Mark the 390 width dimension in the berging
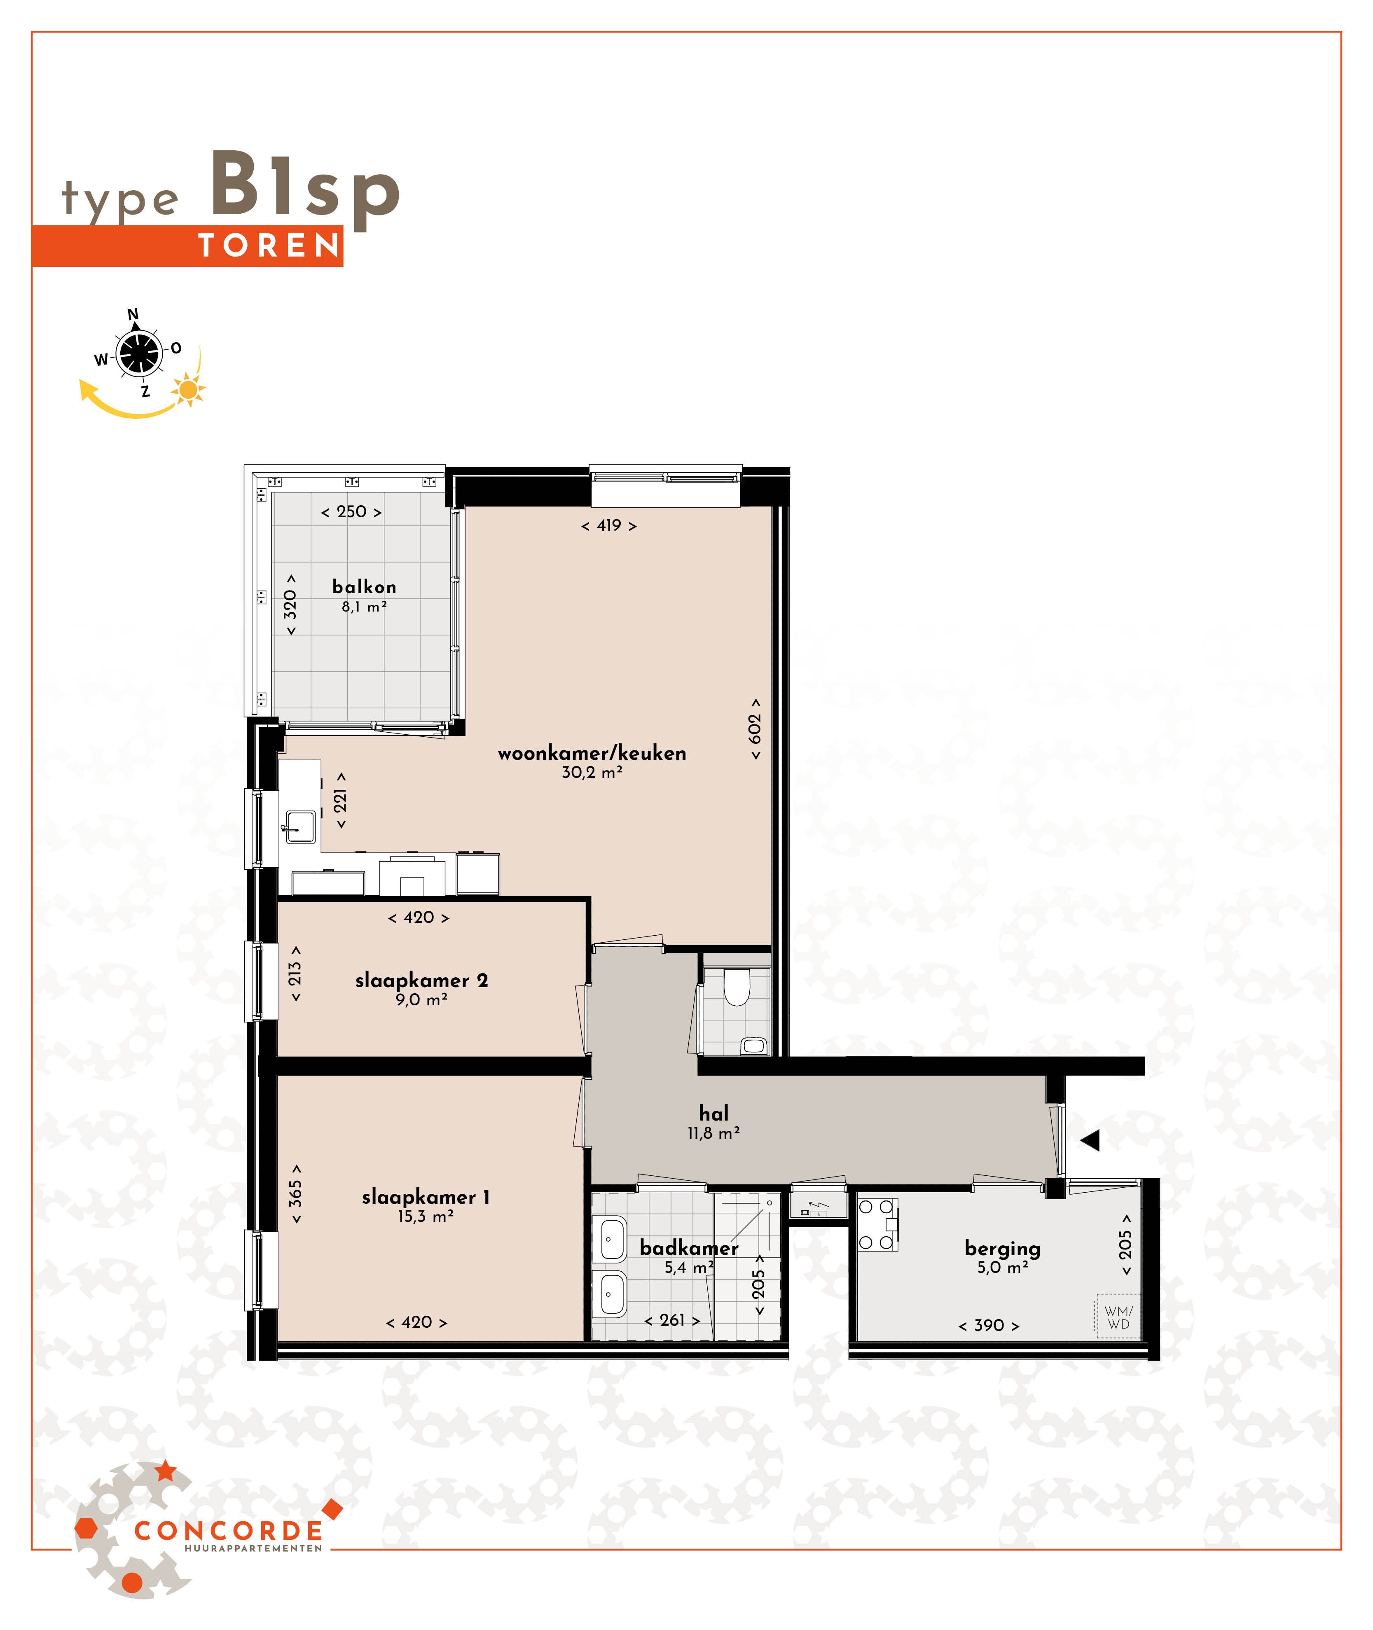click(989, 1325)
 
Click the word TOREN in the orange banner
click(269, 246)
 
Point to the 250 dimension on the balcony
click(351, 512)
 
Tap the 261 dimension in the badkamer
click(672, 1320)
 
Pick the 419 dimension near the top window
click(609, 526)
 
